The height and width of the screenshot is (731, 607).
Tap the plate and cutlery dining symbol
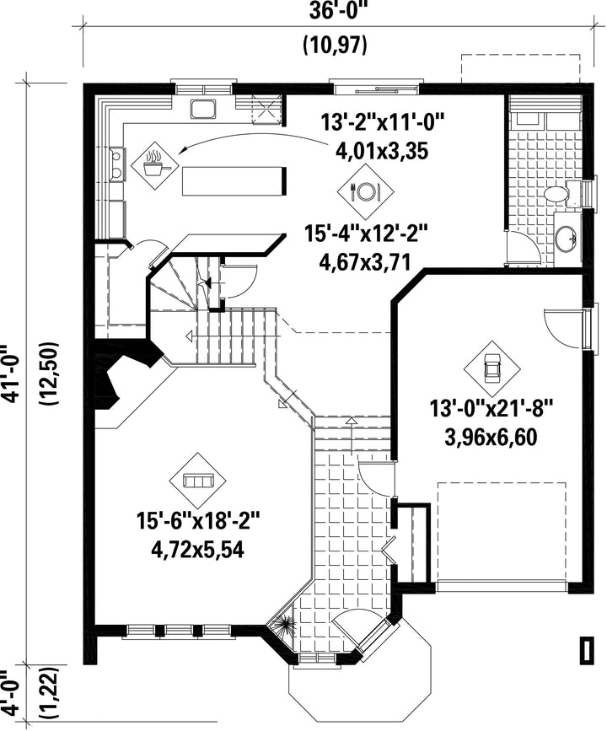coord(367,190)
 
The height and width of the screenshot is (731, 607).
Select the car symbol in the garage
coord(492,368)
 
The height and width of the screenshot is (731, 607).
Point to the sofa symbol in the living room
coord(197,481)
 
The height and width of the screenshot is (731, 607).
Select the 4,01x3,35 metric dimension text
coord(381,151)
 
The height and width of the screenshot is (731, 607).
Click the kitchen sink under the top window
coord(203,109)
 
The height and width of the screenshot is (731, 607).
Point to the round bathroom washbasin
coord(567,239)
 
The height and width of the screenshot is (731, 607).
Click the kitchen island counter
coord(234,181)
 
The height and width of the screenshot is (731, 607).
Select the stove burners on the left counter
coord(116,164)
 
